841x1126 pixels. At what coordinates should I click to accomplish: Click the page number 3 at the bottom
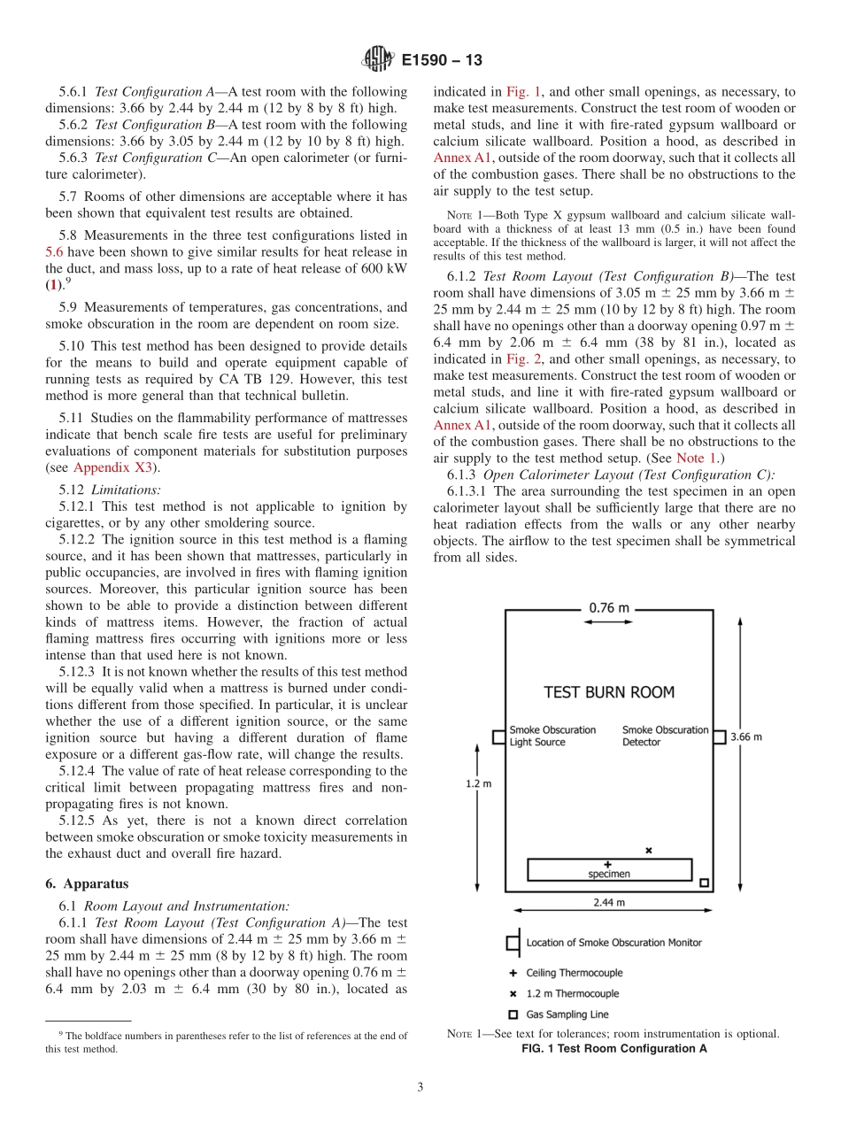(420, 1087)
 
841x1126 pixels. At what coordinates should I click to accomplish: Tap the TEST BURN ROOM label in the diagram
(608, 692)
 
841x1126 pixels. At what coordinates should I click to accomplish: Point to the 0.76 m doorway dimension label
(610, 607)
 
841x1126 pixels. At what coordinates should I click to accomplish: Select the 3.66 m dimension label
(745, 736)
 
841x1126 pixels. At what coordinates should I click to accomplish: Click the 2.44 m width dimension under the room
(608, 902)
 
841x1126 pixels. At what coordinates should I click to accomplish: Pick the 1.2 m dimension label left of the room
(479, 783)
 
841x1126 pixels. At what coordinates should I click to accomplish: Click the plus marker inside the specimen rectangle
(607, 863)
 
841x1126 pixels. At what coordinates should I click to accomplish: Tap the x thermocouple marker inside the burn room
(648, 850)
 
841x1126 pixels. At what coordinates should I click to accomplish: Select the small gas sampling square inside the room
(704, 883)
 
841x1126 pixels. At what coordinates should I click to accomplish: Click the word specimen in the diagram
(609, 874)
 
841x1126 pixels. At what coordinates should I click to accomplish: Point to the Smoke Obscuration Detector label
(665, 736)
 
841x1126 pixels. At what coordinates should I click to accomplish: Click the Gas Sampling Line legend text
(567, 1014)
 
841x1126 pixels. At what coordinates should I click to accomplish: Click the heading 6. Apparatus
(87, 883)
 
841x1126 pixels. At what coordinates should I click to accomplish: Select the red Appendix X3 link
(116, 467)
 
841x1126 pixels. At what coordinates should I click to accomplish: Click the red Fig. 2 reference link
(521, 359)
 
